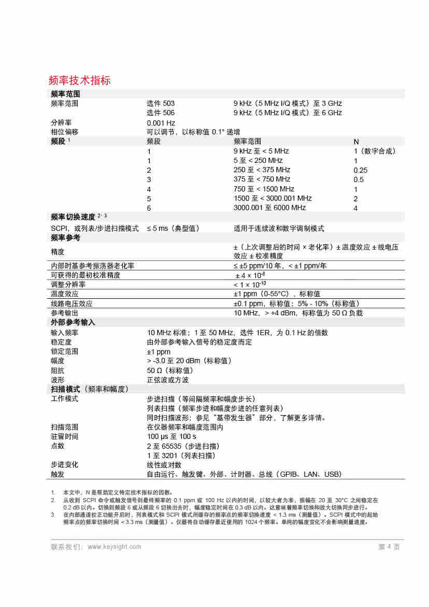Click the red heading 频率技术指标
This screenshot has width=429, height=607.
(x=79, y=80)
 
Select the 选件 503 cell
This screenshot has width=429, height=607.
(x=161, y=103)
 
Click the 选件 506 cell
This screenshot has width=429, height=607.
(x=161, y=113)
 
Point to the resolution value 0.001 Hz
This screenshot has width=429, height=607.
(x=161, y=123)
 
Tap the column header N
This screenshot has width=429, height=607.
(x=356, y=142)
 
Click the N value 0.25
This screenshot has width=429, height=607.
(x=361, y=170)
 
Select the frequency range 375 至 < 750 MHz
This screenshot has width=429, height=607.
(x=262, y=180)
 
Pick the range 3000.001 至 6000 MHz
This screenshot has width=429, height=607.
(x=269, y=208)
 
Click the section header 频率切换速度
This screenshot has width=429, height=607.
(x=73, y=217)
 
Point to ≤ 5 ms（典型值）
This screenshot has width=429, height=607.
(x=173, y=228)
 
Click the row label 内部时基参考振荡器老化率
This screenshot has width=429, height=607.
(x=93, y=266)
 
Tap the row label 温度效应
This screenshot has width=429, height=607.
(x=64, y=294)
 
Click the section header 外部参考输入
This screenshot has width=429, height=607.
(x=73, y=323)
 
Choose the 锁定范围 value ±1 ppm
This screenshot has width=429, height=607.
(x=159, y=351)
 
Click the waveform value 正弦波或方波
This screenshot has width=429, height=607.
(x=168, y=380)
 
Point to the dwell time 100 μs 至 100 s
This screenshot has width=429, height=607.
(x=171, y=436)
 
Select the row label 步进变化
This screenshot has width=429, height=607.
(x=64, y=464)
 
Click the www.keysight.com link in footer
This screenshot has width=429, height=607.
(x=115, y=547)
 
